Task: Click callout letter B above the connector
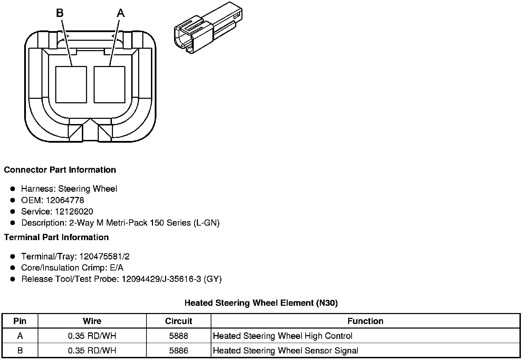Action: click(60, 13)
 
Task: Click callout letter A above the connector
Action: click(120, 13)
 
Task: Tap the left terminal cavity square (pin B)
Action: click(71, 85)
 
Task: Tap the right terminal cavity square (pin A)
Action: click(109, 85)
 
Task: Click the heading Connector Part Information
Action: click(60, 170)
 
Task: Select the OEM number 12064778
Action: click(65, 200)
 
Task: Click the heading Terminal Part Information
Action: click(56, 237)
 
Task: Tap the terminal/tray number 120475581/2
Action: click(104, 257)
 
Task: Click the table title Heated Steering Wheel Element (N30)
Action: click(261, 303)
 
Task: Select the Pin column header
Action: click(20, 321)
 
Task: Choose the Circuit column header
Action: click(179, 321)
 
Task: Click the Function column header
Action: click(365, 321)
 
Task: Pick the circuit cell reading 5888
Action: click(179, 336)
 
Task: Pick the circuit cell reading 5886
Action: click(179, 351)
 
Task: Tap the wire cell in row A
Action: click(92, 336)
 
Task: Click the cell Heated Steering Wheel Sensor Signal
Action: click(285, 351)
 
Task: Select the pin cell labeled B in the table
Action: click(20, 351)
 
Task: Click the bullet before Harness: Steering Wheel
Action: click(13, 189)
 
